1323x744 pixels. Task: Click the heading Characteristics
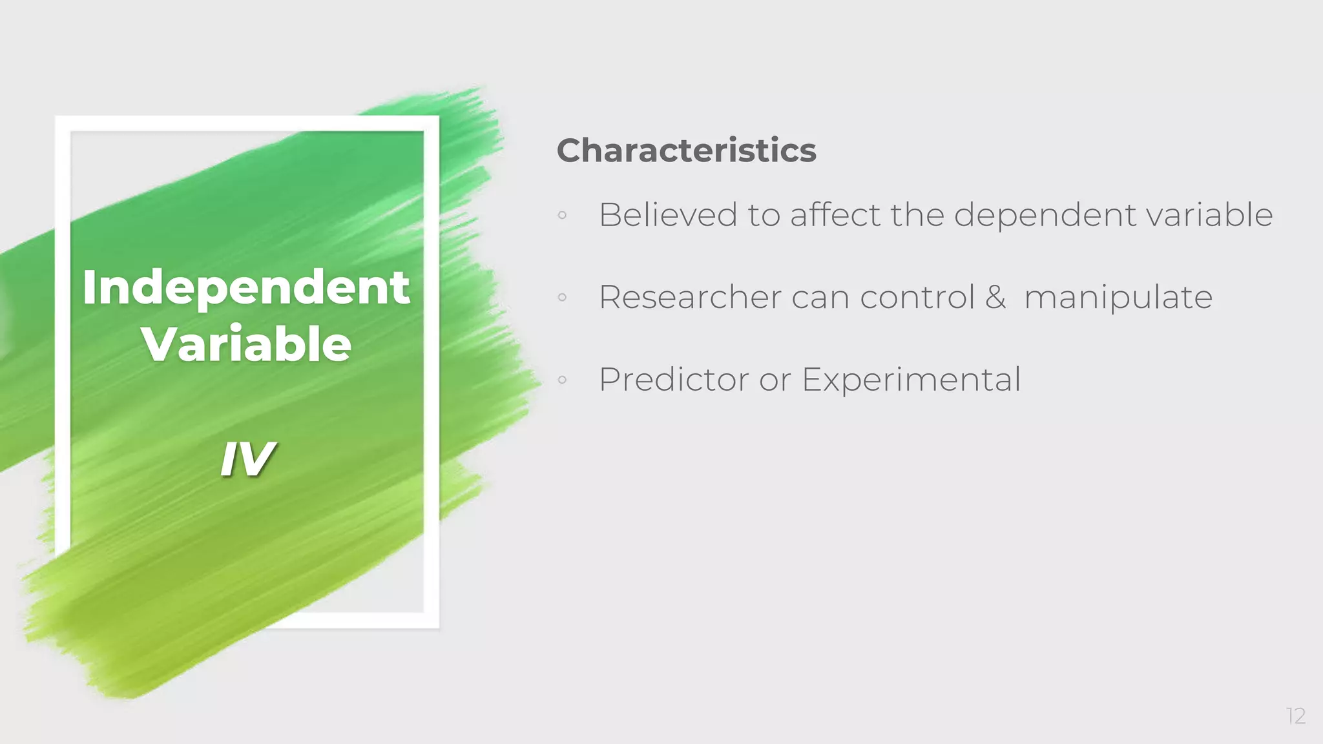(686, 150)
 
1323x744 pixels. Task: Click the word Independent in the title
(246, 288)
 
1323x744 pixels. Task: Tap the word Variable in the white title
(246, 344)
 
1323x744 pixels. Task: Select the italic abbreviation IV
(247, 459)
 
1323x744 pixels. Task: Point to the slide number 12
(1296, 716)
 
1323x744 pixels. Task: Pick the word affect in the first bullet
(835, 214)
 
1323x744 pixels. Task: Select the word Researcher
(690, 297)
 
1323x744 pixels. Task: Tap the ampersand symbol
(995, 297)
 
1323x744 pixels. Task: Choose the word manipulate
(1118, 298)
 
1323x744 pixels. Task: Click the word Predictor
(673, 379)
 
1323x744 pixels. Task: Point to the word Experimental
(911, 380)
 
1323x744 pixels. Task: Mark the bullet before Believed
(562, 215)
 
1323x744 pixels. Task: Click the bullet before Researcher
(562, 298)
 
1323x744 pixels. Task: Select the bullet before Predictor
(562, 380)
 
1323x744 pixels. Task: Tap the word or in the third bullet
(775, 380)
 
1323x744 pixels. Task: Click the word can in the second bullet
(820, 298)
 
